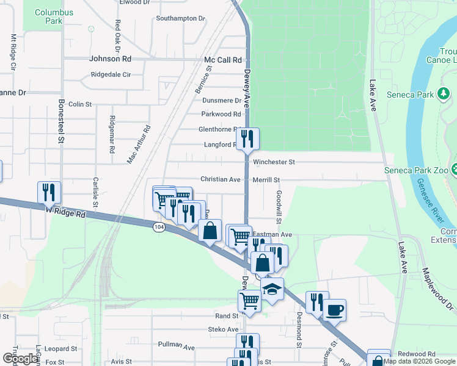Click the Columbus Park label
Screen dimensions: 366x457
click(x=54, y=16)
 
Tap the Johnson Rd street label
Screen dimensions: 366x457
click(x=110, y=59)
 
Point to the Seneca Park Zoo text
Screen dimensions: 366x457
click(x=415, y=170)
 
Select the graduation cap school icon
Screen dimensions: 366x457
click(x=272, y=290)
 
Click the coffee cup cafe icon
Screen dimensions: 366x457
click(x=335, y=309)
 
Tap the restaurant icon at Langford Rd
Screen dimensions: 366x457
click(x=247, y=138)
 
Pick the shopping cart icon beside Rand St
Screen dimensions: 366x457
click(x=249, y=300)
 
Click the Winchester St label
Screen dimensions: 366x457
click(x=274, y=162)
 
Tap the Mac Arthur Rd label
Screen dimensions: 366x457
click(x=139, y=145)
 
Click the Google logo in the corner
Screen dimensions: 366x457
click(x=20, y=358)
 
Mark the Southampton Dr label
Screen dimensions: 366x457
click(x=180, y=18)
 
